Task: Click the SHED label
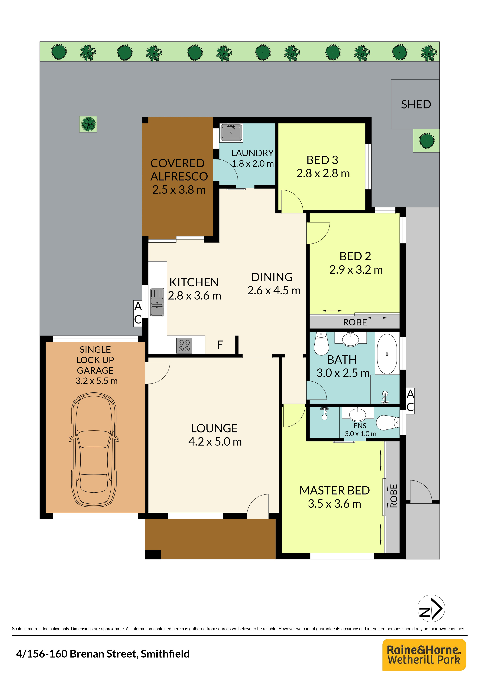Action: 416,104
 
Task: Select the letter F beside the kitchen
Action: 220,345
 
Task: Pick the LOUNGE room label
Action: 214,428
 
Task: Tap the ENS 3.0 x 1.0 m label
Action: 360,430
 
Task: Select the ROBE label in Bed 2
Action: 355,322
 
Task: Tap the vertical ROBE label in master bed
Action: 393,496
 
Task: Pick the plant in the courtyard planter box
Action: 88,124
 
